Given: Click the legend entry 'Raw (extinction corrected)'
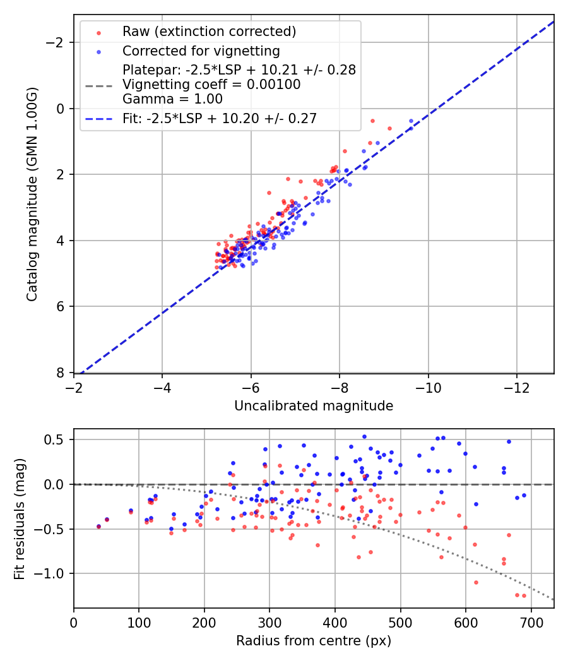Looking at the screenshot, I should pyautogui.click(x=209, y=31).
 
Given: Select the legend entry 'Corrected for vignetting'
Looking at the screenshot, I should pyautogui.click(x=201, y=51).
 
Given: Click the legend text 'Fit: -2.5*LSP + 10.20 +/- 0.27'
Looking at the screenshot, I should pyautogui.click(x=220, y=118).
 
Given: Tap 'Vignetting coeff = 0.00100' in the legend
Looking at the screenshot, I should pyautogui.click(x=211, y=84).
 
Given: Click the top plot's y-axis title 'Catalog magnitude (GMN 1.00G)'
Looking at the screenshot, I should pyautogui.click(x=32, y=194).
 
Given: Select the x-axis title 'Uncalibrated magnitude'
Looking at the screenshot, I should pyautogui.click(x=314, y=406).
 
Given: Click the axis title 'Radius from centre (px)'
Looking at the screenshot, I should pyautogui.click(x=314, y=641).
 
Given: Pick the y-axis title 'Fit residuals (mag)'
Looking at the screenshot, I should pyautogui.click(x=20, y=518).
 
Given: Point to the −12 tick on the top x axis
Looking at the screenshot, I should pyautogui.click(x=517, y=387).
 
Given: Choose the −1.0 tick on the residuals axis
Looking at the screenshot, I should pyautogui.click(x=53, y=573).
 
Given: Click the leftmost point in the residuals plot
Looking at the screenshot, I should pyautogui.click(x=98, y=526).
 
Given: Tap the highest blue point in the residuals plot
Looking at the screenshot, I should pyautogui.click(x=364, y=436).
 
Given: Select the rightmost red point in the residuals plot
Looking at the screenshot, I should pyautogui.click(x=524, y=595).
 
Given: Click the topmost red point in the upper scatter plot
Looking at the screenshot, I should pyautogui.click(x=372, y=121).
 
